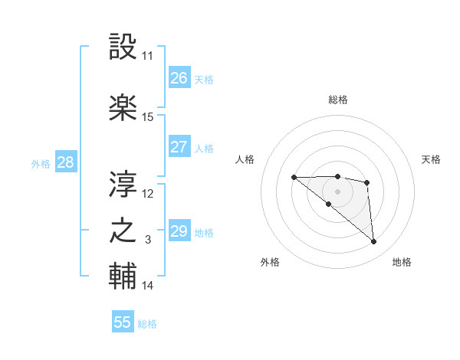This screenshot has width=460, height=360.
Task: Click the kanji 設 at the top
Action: click(123, 47)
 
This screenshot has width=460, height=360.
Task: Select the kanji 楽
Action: click(123, 107)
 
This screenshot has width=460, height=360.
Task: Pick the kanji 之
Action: click(123, 231)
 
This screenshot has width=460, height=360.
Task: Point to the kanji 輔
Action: click(123, 277)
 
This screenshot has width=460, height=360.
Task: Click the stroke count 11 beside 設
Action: click(148, 56)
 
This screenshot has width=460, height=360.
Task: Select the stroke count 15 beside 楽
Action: click(148, 117)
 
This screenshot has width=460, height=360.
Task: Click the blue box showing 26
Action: click(179, 78)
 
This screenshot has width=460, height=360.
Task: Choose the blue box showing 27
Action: click(179, 147)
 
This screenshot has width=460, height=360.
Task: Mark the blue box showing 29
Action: click(179, 231)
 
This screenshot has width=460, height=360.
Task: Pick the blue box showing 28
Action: click(65, 162)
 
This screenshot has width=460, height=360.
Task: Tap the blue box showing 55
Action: click(123, 322)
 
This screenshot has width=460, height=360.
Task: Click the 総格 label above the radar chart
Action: click(337, 100)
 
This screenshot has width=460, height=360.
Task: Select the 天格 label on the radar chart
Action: click(431, 159)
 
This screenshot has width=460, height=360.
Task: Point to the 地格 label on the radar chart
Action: click(402, 262)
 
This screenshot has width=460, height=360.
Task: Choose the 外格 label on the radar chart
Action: click(270, 262)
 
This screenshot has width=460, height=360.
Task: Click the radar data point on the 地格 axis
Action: click(374, 242)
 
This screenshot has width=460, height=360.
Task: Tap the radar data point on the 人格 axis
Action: click(294, 178)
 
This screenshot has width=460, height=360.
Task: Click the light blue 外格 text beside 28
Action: click(40, 163)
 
